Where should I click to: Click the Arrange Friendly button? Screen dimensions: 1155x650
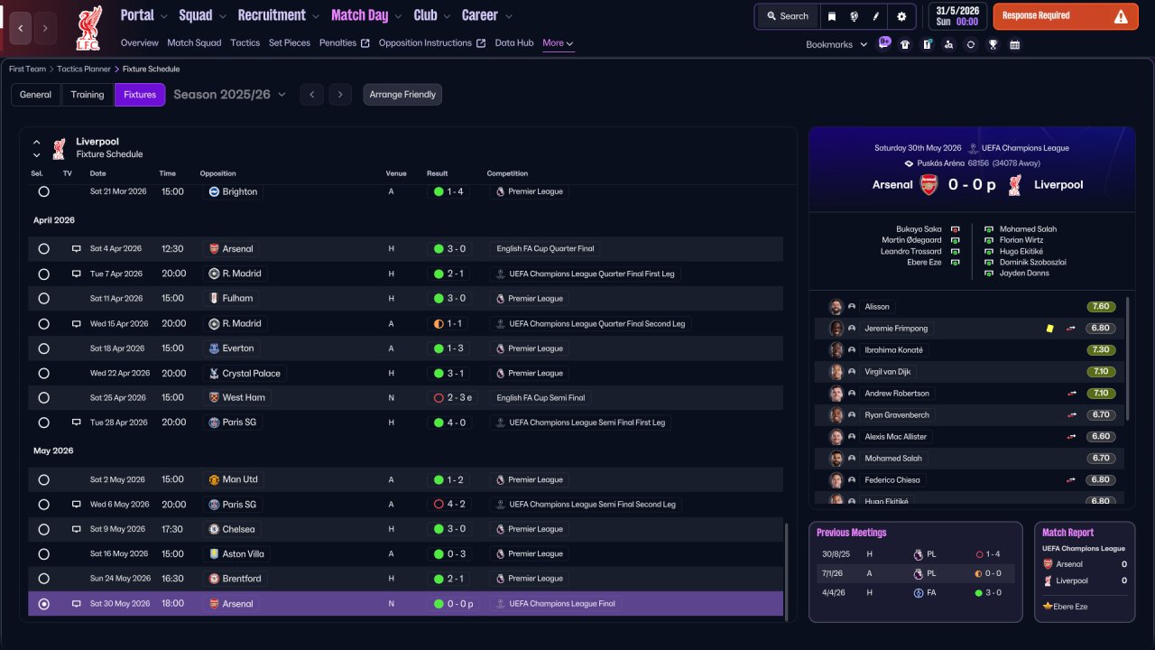pos(402,95)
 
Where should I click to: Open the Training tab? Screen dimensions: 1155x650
pos(88,95)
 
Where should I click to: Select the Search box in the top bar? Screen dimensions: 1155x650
pos(788,16)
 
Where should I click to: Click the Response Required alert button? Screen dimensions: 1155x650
pos(1066,16)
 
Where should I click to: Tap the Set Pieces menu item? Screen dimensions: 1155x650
pos(290,42)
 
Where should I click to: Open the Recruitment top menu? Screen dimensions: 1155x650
pos(272,15)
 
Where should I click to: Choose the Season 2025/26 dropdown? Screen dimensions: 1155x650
pos(229,95)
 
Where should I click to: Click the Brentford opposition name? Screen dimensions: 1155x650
pos(241,579)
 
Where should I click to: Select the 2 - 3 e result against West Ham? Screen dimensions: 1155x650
pos(453,398)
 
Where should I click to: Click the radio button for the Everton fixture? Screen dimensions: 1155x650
pos(44,348)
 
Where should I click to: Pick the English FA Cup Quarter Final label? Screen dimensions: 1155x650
pos(545,248)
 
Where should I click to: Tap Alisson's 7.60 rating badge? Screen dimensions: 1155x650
pos(1101,306)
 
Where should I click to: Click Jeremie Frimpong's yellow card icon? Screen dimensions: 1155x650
pos(1049,329)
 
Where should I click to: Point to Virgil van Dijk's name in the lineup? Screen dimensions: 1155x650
pos(887,371)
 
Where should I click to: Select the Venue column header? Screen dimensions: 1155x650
pos(396,173)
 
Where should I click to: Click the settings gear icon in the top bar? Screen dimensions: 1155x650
pos(901,16)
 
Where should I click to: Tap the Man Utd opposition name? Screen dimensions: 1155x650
pos(240,479)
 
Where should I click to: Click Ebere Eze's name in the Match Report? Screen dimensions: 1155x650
pos(1070,607)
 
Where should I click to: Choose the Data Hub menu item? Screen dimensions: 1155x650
pos(514,42)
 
